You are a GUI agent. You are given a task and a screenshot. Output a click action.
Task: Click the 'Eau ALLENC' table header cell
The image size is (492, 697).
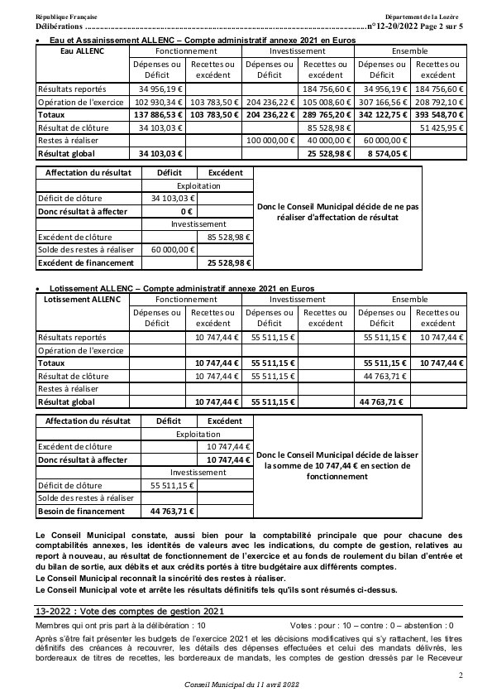click(83, 51)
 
